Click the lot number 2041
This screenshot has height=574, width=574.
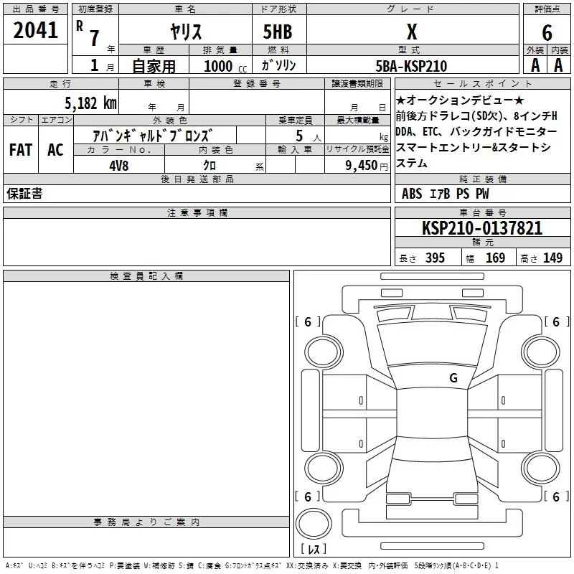[35, 30]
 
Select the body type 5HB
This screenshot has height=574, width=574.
[278, 32]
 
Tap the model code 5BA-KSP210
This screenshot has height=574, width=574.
[411, 66]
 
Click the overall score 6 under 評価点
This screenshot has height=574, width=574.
[547, 32]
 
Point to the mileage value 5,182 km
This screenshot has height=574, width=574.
[90, 103]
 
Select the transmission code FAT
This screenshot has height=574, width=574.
[21, 150]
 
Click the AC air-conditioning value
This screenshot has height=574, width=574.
[55, 150]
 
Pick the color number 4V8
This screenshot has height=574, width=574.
[119, 166]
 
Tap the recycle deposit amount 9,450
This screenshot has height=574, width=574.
[361, 166]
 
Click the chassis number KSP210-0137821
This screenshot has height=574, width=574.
[482, 228]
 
